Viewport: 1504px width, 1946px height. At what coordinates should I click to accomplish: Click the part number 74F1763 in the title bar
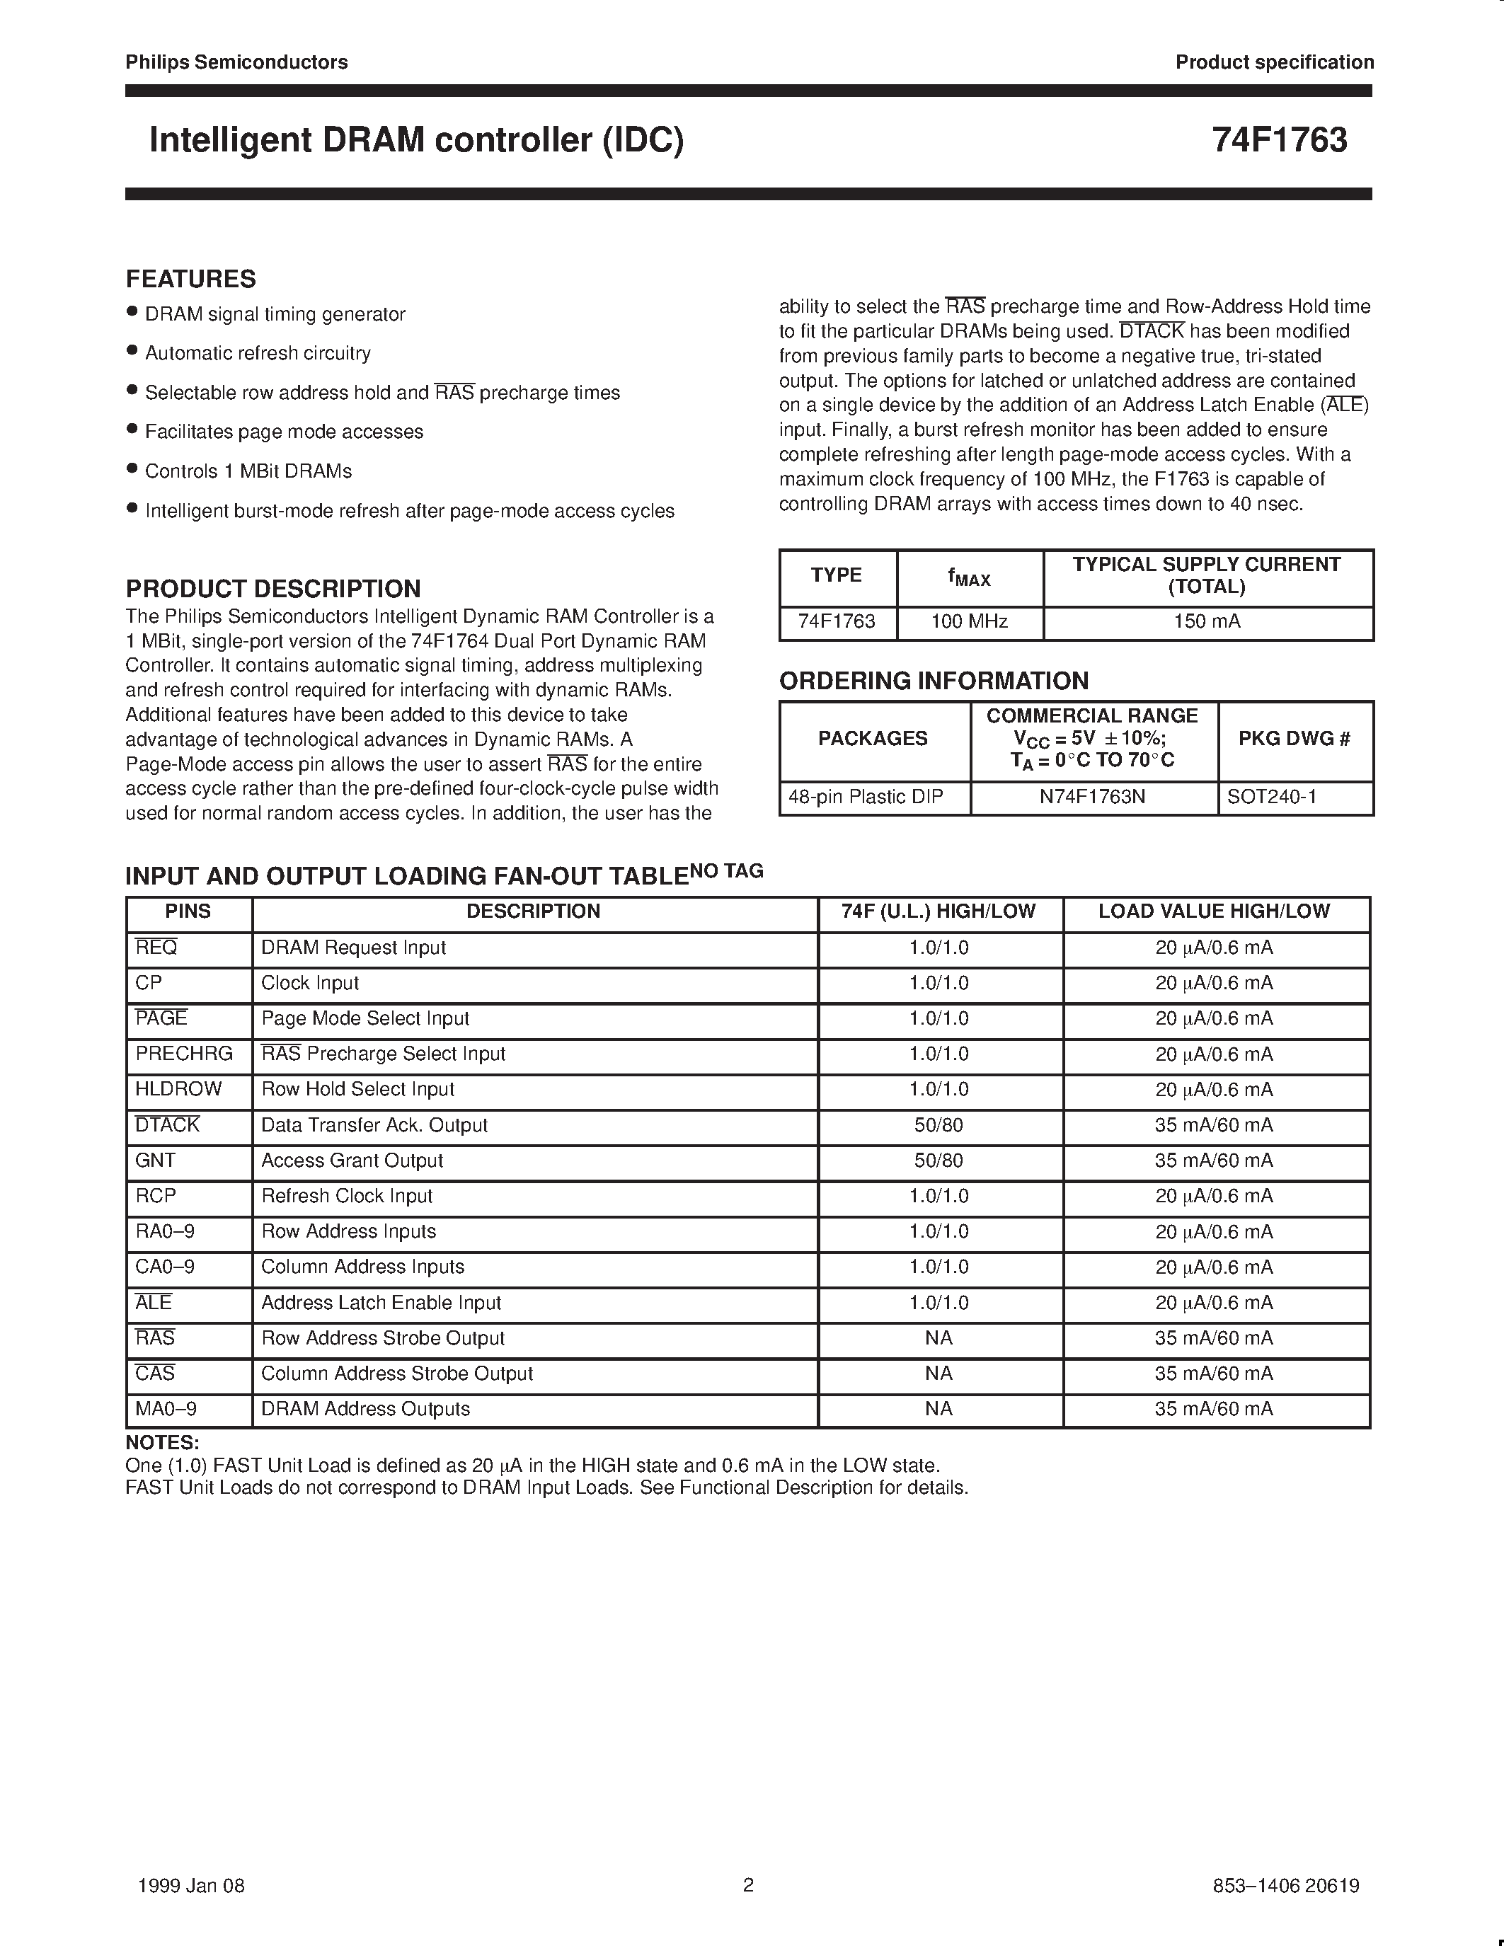tap(1279, 141)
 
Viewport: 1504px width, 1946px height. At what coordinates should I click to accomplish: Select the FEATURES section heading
tap(190, 279)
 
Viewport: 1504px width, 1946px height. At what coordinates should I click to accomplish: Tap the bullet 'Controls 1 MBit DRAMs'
tap(248, 471)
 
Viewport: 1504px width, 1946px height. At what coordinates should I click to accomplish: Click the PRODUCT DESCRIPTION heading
tap(272, 588)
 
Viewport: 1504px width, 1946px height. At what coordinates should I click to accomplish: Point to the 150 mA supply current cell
tap(1207, 621)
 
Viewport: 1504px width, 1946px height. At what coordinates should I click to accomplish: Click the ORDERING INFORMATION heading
tap(933, 681)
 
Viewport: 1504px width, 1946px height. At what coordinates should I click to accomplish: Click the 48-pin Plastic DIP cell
tap(865, 797)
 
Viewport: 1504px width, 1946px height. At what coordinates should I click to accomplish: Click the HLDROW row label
tap(178, 1089)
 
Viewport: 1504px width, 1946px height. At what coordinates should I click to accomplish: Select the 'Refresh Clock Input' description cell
tap(347, 1196)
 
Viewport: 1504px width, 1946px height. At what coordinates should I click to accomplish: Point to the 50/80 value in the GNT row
tap(938, 1160)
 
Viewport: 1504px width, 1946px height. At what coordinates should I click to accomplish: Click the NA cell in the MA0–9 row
tap(938, 1409)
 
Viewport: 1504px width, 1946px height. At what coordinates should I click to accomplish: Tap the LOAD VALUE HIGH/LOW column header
tap(1214, 911)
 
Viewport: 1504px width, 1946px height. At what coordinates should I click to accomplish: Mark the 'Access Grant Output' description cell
tap(352, 1160)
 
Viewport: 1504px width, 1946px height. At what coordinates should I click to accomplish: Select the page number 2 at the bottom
tap(748, 1884)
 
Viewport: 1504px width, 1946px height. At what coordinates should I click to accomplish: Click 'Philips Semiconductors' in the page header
tap(236, 62)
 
